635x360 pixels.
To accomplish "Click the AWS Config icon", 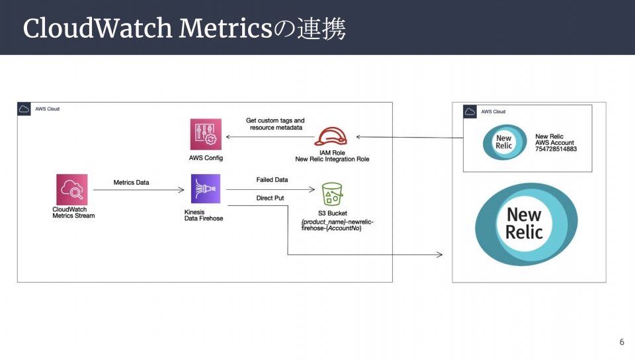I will coord(205,136).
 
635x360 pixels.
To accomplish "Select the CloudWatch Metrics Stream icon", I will coord(72,189).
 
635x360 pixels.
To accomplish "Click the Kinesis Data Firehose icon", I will coord(205,189).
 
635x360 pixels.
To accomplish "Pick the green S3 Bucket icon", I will coord(332,195).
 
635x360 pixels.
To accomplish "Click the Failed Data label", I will coord(272,180).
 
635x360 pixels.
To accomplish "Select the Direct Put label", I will coord(270,198).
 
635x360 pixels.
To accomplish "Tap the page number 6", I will coord(622,342).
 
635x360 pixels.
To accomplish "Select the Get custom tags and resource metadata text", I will coord(275,124).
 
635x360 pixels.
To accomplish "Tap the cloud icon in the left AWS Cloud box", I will coord(24,109).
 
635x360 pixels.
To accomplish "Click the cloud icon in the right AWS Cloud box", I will coord(470,112).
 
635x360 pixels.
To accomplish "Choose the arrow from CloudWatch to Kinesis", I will coord(139,191).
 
